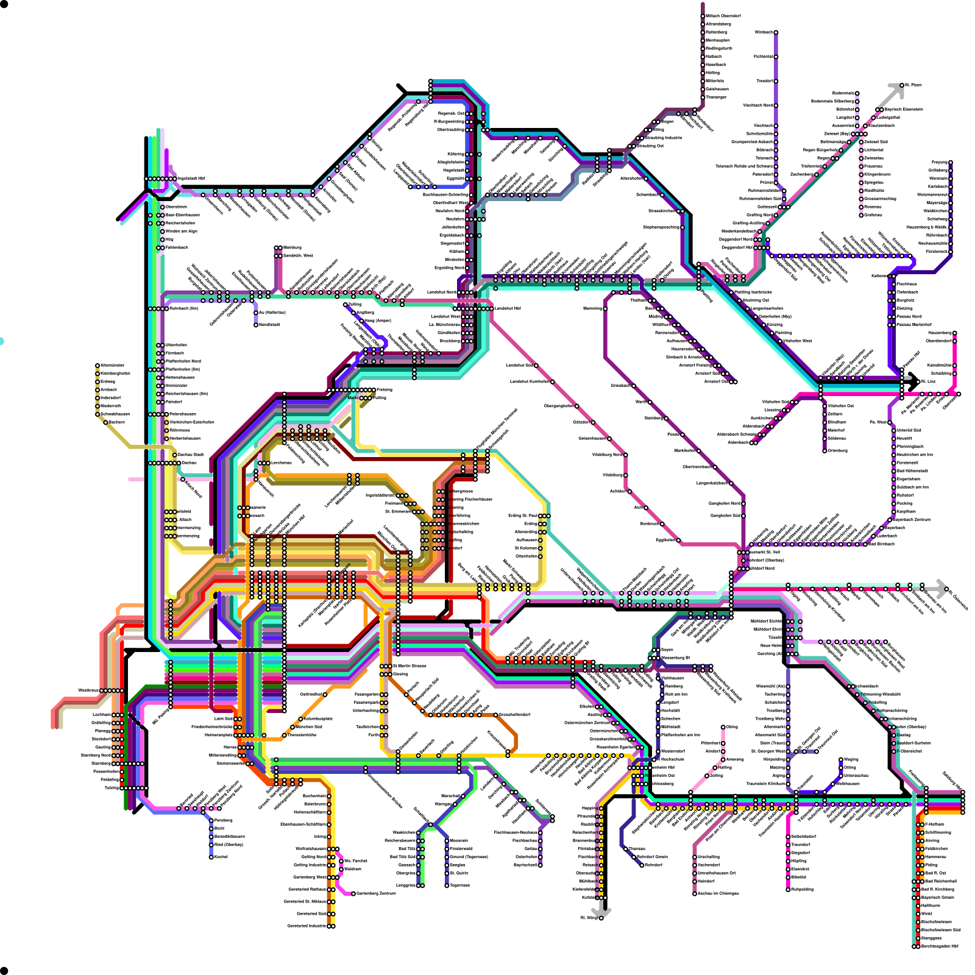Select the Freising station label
click(x=385, y=389)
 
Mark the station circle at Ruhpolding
click(x=788, y=890)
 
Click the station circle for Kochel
click(x=211, y=857)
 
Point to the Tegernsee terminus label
click(x=459, y=885)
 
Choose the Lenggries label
click(x=406, y=885)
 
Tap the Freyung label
click(x=939, y=162)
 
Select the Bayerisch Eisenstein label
click(x=904, y=110)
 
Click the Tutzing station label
click(x=112, y=788)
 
